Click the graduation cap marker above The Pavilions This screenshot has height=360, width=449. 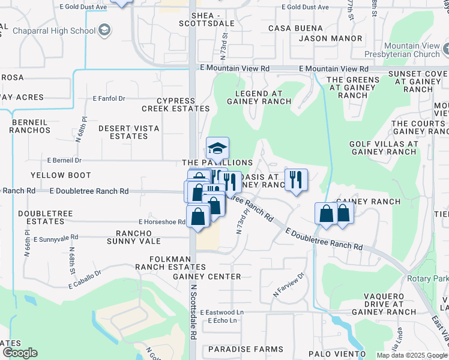pyautogui.click(x=217, y=148)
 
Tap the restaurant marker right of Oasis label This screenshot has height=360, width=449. pyautogui.click(x=296, y=179)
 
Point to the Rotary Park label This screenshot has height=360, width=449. pyautogui.click(x=427, y=278)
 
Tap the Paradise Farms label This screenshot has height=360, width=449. pyautogui.click(x=246, y=349)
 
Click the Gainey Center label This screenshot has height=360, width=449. pyautogui.click(x=206, y=277)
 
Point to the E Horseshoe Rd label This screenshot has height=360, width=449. pyautogui.click(x=161, y=221)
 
